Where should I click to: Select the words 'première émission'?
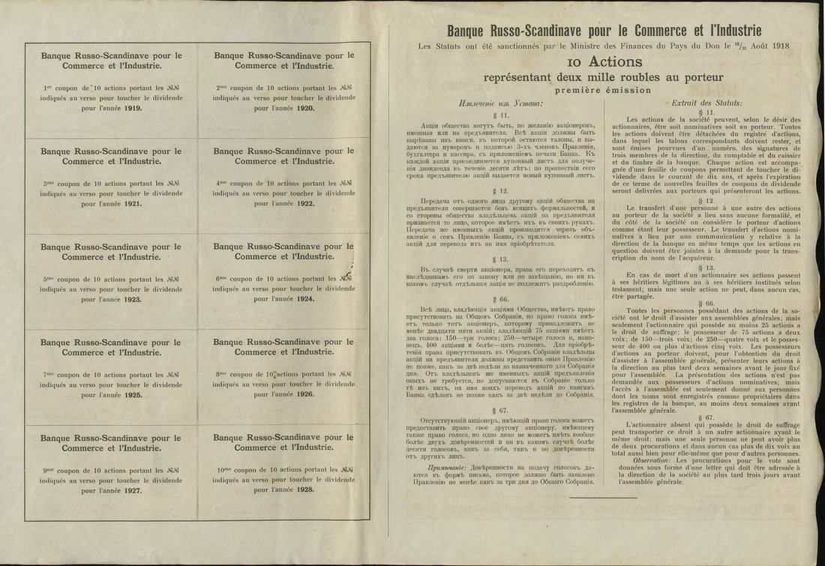(x=604, y=90)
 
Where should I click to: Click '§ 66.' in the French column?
(x=709, y=304)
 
